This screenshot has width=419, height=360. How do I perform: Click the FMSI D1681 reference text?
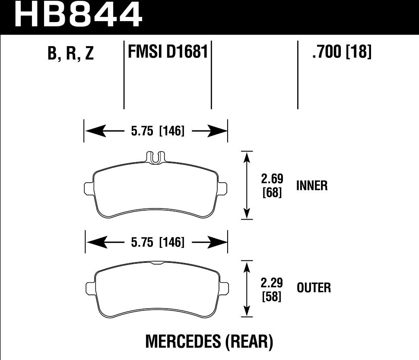168,52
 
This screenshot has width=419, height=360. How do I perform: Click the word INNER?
312,186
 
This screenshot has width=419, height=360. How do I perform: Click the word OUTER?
314,287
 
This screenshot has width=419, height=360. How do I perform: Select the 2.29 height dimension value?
272,284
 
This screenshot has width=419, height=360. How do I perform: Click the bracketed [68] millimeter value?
272,193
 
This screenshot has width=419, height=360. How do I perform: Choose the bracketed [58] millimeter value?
272,297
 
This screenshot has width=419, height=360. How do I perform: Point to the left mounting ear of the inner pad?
88,188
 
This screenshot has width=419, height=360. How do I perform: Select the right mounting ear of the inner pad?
222,188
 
